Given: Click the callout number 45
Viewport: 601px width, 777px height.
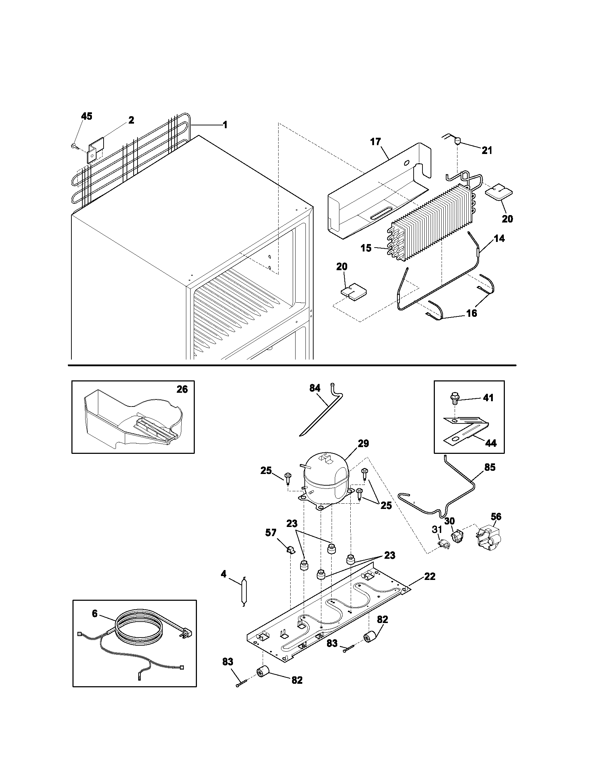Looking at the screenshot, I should point(87,116).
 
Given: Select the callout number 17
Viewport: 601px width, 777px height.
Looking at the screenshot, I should point(375,142).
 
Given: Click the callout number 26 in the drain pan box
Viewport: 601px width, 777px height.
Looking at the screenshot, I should point(182,389).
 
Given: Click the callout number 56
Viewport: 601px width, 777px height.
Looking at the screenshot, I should point(496,516).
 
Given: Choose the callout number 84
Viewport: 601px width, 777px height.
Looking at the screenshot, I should point(315,388).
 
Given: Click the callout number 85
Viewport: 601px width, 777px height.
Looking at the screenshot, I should point(490,467).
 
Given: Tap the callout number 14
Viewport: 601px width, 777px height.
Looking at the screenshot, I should point(499,238).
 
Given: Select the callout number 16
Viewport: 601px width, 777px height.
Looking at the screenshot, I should point(471,313).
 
